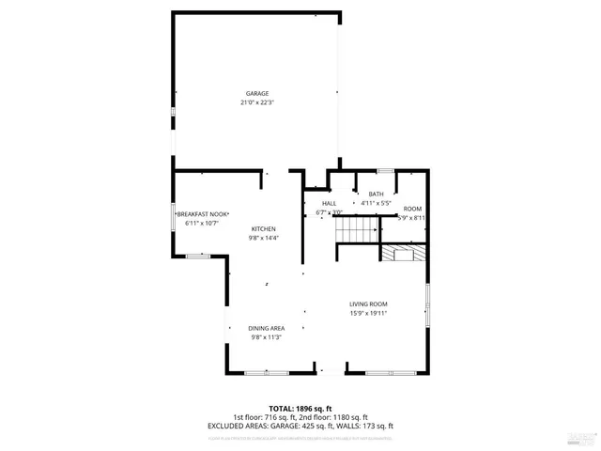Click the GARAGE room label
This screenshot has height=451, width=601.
click(257, 93)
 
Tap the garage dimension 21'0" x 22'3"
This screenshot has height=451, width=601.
click(257, 102)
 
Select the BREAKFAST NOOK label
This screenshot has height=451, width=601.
click(202, 214)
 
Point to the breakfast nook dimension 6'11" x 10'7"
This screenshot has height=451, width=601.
click(202, 224)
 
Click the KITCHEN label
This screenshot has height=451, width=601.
click(263, 229)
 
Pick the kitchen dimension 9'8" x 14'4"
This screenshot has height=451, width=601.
click(263, 239)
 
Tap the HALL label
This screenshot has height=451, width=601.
click(329, 204)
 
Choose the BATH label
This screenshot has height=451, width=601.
click(376, 194)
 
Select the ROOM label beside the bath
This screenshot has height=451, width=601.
click(412, 209)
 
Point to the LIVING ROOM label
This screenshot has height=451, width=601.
click(368, 303)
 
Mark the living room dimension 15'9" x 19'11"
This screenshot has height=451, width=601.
click(368, 313)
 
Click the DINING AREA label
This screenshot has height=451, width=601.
click(267, 328)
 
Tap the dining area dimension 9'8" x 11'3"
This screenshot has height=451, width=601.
click(267, 337)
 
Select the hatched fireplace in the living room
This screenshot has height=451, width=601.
click(403, 252)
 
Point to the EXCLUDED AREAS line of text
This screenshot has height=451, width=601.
click(300, 426)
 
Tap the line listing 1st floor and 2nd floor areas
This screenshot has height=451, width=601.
click(300, 417)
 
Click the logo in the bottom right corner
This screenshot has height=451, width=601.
click(581, 435)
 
